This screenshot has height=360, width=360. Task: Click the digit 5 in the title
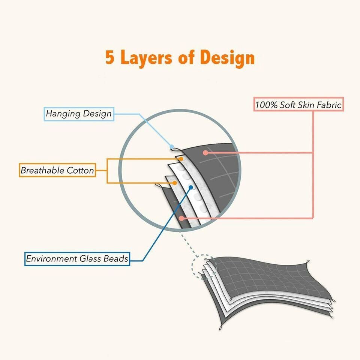(110, 58)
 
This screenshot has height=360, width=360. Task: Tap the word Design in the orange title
(227, 58)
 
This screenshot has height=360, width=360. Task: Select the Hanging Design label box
(79, 114)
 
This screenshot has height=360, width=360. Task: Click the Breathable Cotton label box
(57, 170)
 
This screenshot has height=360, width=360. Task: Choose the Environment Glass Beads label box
(77, 258)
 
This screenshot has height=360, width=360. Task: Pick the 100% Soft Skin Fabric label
(298, 105)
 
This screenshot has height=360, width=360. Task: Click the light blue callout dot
(171, 147)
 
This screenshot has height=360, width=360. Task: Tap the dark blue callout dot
(191, 187)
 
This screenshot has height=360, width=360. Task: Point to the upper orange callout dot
(181, 159)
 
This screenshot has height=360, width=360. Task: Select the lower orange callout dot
(174, 183)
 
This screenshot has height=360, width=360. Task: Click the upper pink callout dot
(205, 152)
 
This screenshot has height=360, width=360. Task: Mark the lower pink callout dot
(181, 217)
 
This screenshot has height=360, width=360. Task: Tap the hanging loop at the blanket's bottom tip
(220, 328)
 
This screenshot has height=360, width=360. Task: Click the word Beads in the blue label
(116, 258)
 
